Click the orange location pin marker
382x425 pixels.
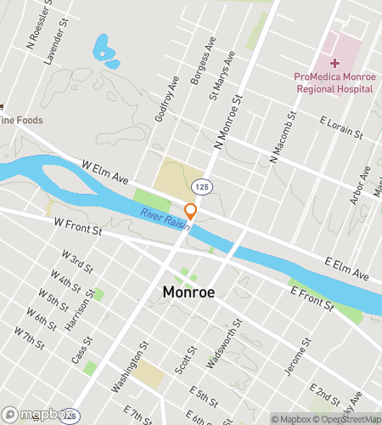point(191,211)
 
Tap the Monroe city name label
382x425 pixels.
point(188,292)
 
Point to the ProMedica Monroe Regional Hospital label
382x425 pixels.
point(334,82)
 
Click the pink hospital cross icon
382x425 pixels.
point(335,63)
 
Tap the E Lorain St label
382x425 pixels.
point(340,129)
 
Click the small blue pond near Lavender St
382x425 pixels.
point(105,50)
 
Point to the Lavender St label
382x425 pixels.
point(53,46)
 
